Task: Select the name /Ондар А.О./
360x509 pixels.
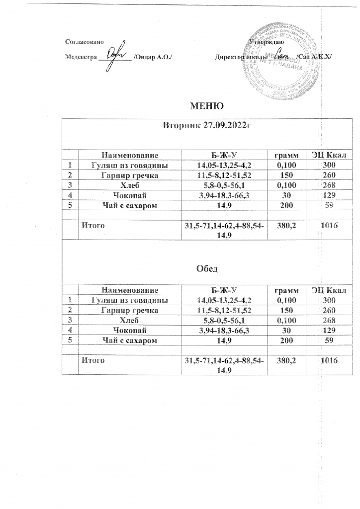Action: tap(154, 58)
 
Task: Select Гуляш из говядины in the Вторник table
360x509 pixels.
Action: tap(130, 165)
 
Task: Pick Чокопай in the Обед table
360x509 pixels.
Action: tap(130, 331)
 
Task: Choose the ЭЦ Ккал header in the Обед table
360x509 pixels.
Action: tap(329, 290)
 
